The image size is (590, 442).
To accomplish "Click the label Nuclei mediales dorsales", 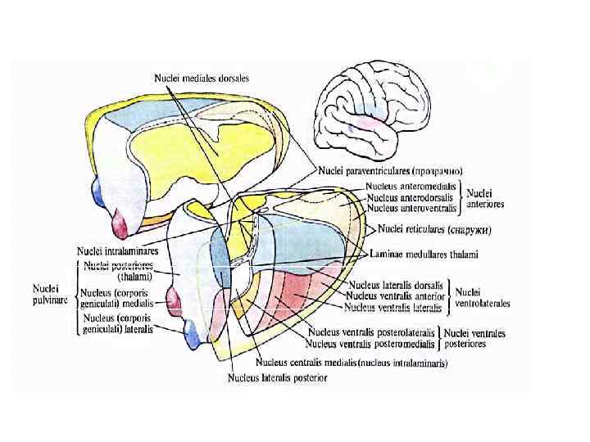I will coord(202,78).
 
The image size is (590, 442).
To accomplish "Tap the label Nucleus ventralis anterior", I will coord(396,295).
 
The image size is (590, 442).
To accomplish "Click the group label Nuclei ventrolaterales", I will coord(483,296).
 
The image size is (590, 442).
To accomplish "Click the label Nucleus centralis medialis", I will coord(306,363).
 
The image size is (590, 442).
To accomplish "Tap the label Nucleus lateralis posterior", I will coord(277,377).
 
